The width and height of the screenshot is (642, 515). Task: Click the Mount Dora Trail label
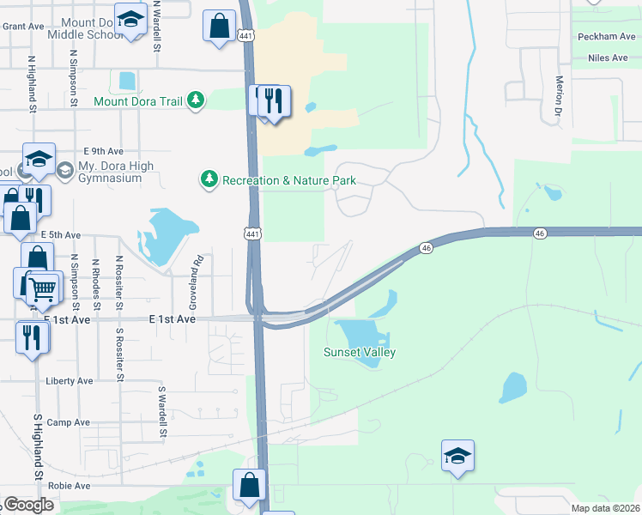138,101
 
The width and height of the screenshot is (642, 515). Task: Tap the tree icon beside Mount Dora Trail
197,100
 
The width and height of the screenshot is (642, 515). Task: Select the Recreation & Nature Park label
288,180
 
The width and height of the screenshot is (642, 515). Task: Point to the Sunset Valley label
359,352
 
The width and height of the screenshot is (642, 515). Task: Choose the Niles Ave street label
609,58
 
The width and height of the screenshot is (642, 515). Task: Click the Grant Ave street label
23,26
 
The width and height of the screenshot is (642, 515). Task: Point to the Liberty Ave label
70,381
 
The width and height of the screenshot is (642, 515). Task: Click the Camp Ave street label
69,422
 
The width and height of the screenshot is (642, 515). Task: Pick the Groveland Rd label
195,282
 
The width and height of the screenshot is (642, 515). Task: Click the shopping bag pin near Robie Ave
249,484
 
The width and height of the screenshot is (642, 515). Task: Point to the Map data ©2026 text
606,508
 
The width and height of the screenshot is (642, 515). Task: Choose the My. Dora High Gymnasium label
109,171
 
